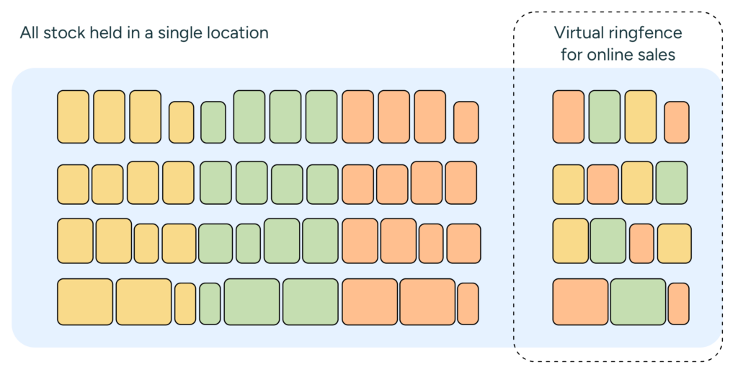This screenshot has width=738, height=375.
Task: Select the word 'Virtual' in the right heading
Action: click(577, 33)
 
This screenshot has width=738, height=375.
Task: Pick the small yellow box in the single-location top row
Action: click(181, 122)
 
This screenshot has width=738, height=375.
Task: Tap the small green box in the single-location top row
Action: click(213, 122)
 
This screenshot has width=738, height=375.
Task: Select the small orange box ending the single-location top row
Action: click(466, 122)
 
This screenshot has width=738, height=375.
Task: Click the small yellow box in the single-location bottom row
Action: click(185, 304)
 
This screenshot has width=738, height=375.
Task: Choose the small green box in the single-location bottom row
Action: click(210, 304)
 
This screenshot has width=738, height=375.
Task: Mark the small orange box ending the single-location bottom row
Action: click(468, 304)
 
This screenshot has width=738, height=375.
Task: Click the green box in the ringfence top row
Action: click(604, 117)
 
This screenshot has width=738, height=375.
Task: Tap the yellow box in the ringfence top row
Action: click(640, 117)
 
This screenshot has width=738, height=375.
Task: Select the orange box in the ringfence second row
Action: click(603, 185)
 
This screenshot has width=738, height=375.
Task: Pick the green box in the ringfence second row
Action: click(671, 182)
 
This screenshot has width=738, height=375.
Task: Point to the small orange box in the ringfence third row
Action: click(641, 243)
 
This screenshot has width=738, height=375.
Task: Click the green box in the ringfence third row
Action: click(608, 241)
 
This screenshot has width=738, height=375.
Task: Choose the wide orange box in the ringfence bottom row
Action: click(580, 301)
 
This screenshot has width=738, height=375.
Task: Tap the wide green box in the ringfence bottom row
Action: click(638, 301)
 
